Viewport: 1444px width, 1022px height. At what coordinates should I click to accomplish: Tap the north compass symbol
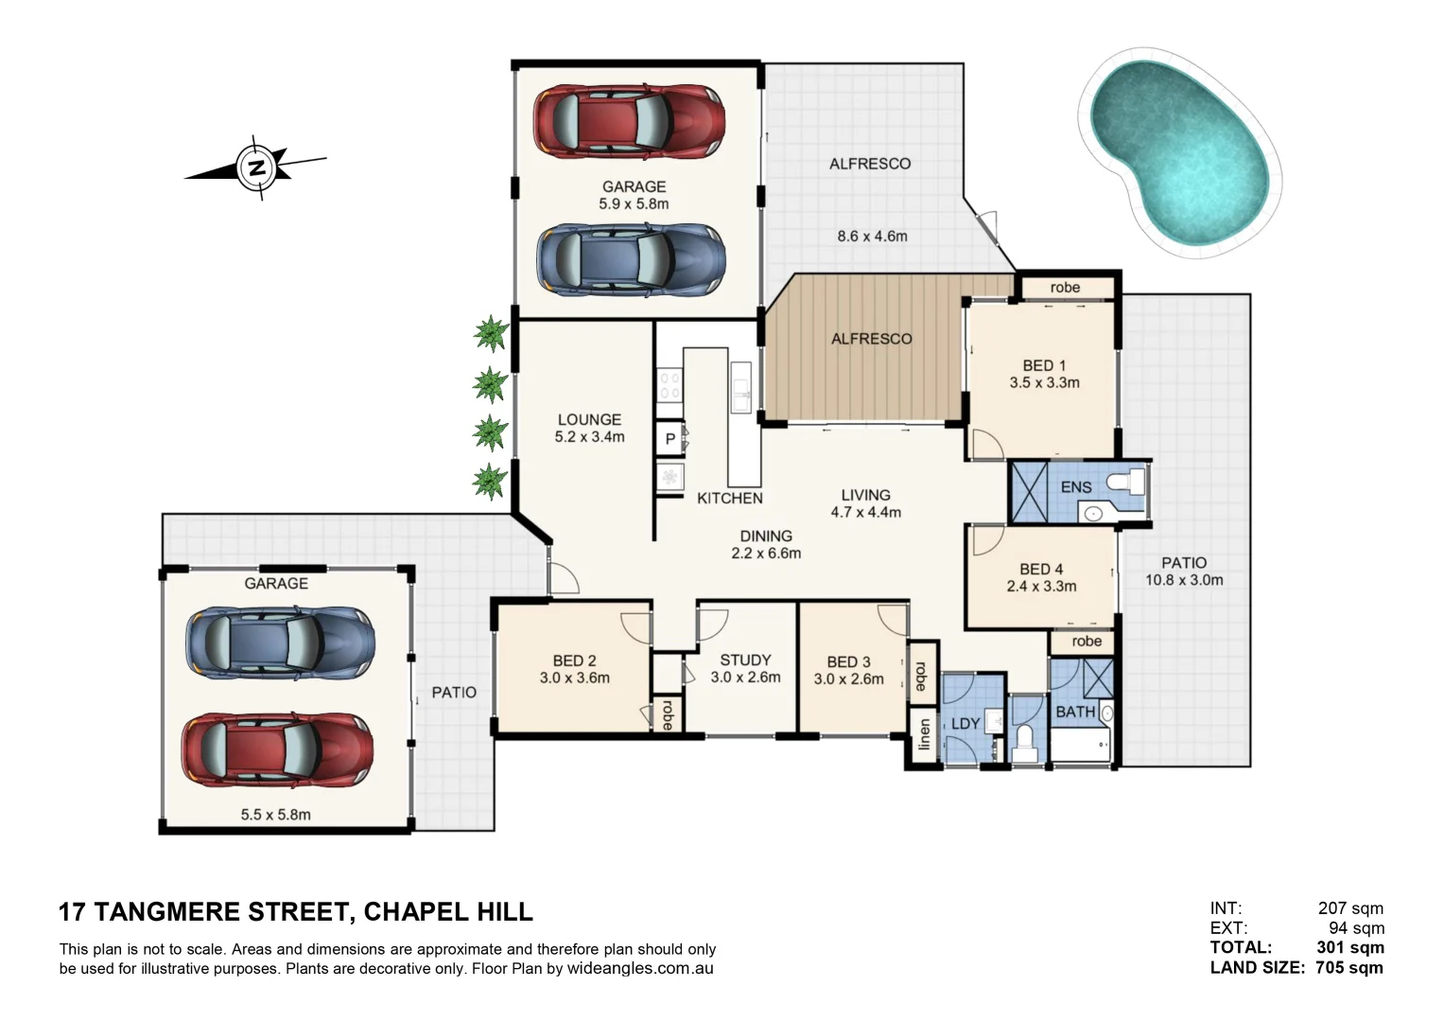click(x=256, y=168)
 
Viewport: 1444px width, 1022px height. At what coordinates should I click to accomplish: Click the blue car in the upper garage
click(x=631, y=260)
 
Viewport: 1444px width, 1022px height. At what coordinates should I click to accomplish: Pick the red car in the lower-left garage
click(x=277, y=749)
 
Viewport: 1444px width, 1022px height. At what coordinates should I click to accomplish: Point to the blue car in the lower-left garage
click(x=280, y=643)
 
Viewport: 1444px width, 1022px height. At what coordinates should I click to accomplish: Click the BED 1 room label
click(x=1043, y=365)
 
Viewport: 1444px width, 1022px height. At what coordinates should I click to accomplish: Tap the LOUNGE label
click(x=589, y=419)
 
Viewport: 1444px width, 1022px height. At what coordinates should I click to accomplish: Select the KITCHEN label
click(x=729, y=498)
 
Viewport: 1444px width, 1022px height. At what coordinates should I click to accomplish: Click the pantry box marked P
click(x=670, y=439)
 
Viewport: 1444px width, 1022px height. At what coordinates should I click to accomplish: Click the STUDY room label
click(x=745, y=660)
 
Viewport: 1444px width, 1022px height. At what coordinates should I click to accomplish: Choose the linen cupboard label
click(x=924, y=734)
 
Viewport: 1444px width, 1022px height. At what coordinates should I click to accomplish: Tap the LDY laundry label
click(x=965, y=723)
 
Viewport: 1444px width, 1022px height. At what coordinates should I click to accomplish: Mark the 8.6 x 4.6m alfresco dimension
click(x=871, y=236)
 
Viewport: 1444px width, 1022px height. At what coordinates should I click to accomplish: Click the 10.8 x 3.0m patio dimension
click(x=1184, y=580)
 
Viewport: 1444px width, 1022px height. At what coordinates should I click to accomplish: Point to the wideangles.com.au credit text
click(x=640, y=968)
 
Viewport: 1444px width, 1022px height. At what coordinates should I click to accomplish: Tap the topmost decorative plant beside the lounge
click(x=490, y=333)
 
